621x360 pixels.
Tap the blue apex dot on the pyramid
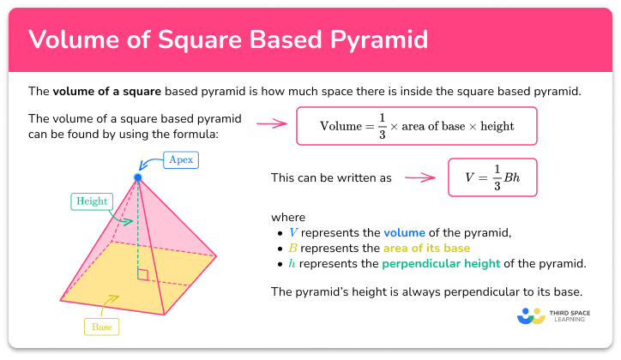(x=137, y=177)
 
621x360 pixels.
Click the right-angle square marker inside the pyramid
(x=142, y=275)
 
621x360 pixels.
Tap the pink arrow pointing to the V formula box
(x=419, y=178)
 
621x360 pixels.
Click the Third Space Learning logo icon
(x=532, y=315)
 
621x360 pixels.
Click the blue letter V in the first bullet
(x=295, y=231)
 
